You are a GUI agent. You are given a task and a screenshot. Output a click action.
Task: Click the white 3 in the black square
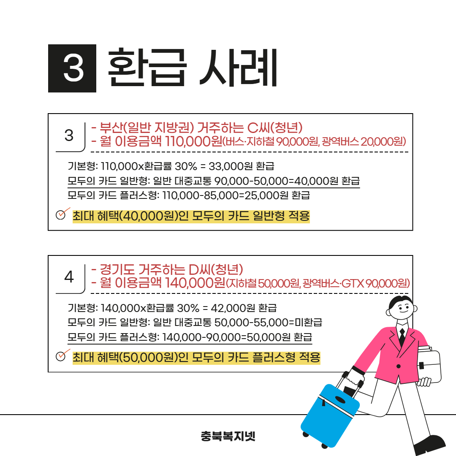[73, 68]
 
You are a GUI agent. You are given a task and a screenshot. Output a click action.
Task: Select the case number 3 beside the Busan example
[69, 135]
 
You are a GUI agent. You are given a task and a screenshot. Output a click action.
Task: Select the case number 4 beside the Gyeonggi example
[69, 277]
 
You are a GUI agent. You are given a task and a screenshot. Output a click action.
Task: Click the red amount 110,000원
[193, 141]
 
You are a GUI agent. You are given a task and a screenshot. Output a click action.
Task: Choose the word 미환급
[309, 322]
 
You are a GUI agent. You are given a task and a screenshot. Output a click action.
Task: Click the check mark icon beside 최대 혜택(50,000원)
[62, 355]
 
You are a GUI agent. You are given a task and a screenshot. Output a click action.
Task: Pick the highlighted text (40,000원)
[148, 216]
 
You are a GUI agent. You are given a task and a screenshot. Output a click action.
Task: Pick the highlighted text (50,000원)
[148, 358]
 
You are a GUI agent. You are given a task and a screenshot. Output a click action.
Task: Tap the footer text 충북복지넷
[228, 436]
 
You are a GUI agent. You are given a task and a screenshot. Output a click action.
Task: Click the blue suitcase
[330, 416]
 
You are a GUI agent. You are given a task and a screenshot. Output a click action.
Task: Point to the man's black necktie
[402, 337]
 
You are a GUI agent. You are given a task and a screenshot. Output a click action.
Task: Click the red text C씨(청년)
[275, 128]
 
